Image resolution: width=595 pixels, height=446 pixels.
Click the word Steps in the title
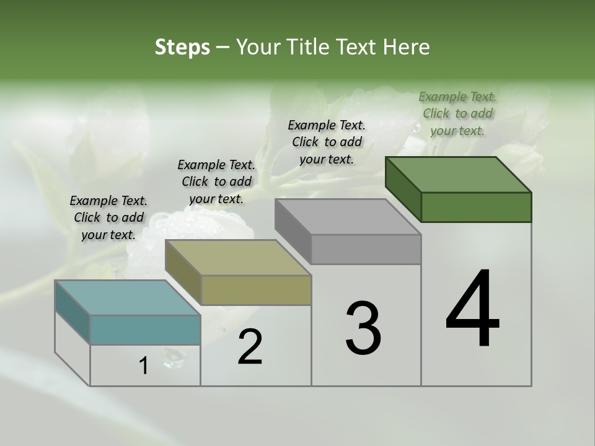[x=182, y=47]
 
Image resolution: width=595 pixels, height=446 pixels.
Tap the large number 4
[x=473, y=310]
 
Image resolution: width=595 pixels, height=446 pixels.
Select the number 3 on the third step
[x=363, y=329]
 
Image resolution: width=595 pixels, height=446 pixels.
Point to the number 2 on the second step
[x=250, y=347]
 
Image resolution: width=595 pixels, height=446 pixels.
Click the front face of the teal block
[x=145, y=330]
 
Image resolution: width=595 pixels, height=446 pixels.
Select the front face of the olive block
[x=256, y=290]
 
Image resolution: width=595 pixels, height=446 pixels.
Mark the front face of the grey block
[x=366, y=250]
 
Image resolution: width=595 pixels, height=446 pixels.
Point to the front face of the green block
[x=476, y=207]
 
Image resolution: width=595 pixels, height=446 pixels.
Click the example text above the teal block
[x=108, y=217]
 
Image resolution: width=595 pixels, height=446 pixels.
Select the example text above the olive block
[x=216, y=181]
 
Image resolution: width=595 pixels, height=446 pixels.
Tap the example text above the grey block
[x=327, y=142]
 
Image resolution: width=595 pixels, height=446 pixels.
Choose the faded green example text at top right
[x=457, y=113]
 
